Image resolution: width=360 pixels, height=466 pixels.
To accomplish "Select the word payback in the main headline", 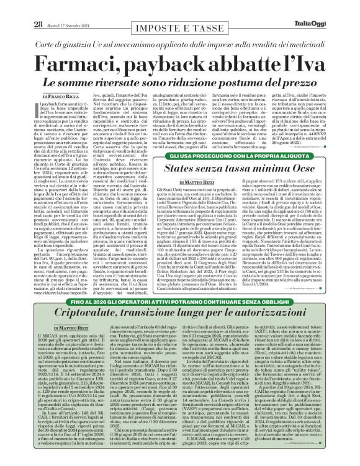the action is (156, 49).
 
